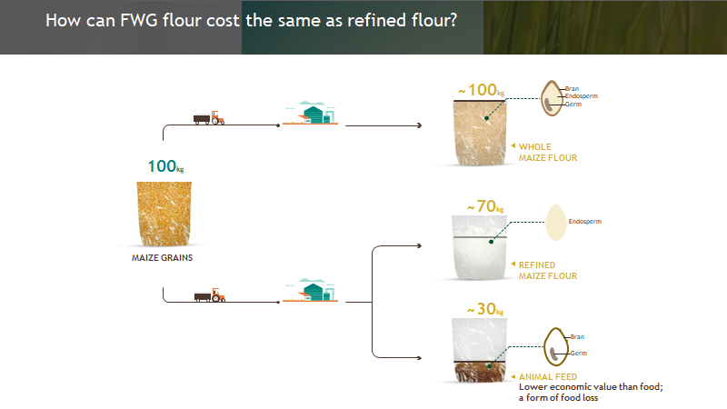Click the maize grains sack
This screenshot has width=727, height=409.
coord(164,214)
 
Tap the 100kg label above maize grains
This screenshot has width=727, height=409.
coord(165,166)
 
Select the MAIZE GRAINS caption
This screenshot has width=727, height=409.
coord(162,258)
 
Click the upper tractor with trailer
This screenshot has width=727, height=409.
coord(209,118)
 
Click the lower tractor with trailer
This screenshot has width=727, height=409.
coord(210,295)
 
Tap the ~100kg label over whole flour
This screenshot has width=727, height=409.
coord(482,90)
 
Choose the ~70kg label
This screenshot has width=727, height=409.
coord(485,206)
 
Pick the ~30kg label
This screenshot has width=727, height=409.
coord(485,309)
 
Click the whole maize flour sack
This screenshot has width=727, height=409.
coord(480,133)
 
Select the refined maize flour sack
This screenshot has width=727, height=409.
coord(480,247)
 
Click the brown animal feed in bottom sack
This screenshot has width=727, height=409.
coord(480,372)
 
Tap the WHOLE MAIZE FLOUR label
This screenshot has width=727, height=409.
coord(548,153)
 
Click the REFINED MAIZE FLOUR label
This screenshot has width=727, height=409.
coord(548,271)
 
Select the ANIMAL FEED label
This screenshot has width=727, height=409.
coord(548,377)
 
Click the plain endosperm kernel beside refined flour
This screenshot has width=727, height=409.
coord(556,223)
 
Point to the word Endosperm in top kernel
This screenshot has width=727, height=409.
coord(582,96)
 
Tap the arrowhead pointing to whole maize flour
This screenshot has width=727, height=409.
coord(419,125)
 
